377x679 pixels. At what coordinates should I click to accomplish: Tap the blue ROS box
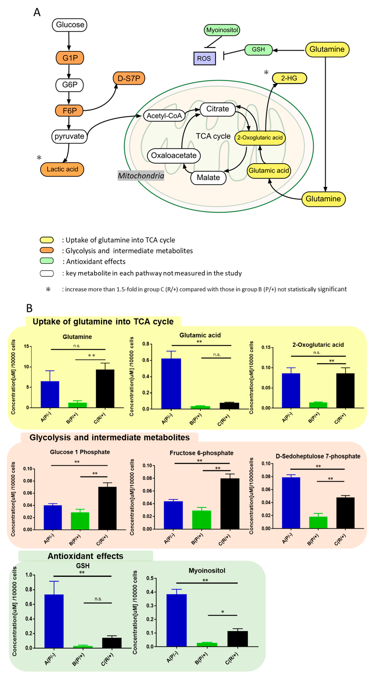(204, 58)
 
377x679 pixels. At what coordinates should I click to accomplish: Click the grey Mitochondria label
(141, 175)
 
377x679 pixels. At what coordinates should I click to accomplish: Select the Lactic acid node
(62, 169)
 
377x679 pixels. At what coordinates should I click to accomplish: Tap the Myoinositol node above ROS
(222, 30)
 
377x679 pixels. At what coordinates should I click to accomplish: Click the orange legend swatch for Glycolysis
(47, 250)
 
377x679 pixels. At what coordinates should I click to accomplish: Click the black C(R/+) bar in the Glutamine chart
(105, 389)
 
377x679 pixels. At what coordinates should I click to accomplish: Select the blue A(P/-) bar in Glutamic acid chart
(171, 384)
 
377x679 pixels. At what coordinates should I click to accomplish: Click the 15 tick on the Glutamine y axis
(26, 346)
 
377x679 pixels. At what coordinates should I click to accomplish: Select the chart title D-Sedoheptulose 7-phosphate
(318, 456)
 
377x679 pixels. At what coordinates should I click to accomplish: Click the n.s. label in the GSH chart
(98, 599)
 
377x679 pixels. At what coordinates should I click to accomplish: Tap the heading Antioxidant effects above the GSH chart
(85, 556)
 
